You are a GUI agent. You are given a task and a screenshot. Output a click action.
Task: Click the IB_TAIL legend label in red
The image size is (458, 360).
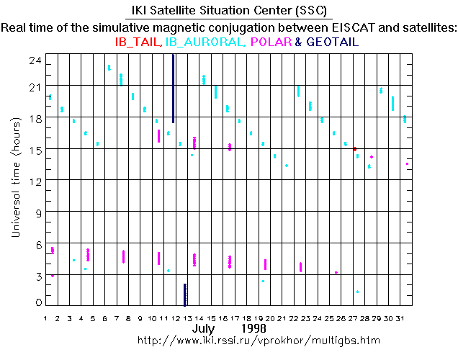139,42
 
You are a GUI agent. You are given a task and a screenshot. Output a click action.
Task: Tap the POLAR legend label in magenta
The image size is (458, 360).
269,42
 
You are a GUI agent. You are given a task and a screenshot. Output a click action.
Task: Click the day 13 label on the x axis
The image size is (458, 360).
187,318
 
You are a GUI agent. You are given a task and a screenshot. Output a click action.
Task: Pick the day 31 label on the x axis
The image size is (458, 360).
408,318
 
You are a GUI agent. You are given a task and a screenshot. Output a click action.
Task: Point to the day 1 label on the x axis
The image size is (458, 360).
46,318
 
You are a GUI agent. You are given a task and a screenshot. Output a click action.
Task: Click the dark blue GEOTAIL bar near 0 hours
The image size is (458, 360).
185,294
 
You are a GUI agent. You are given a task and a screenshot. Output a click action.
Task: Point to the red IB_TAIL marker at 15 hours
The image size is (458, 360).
354,149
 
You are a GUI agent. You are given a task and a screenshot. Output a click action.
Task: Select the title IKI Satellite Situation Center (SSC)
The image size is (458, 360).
228,12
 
